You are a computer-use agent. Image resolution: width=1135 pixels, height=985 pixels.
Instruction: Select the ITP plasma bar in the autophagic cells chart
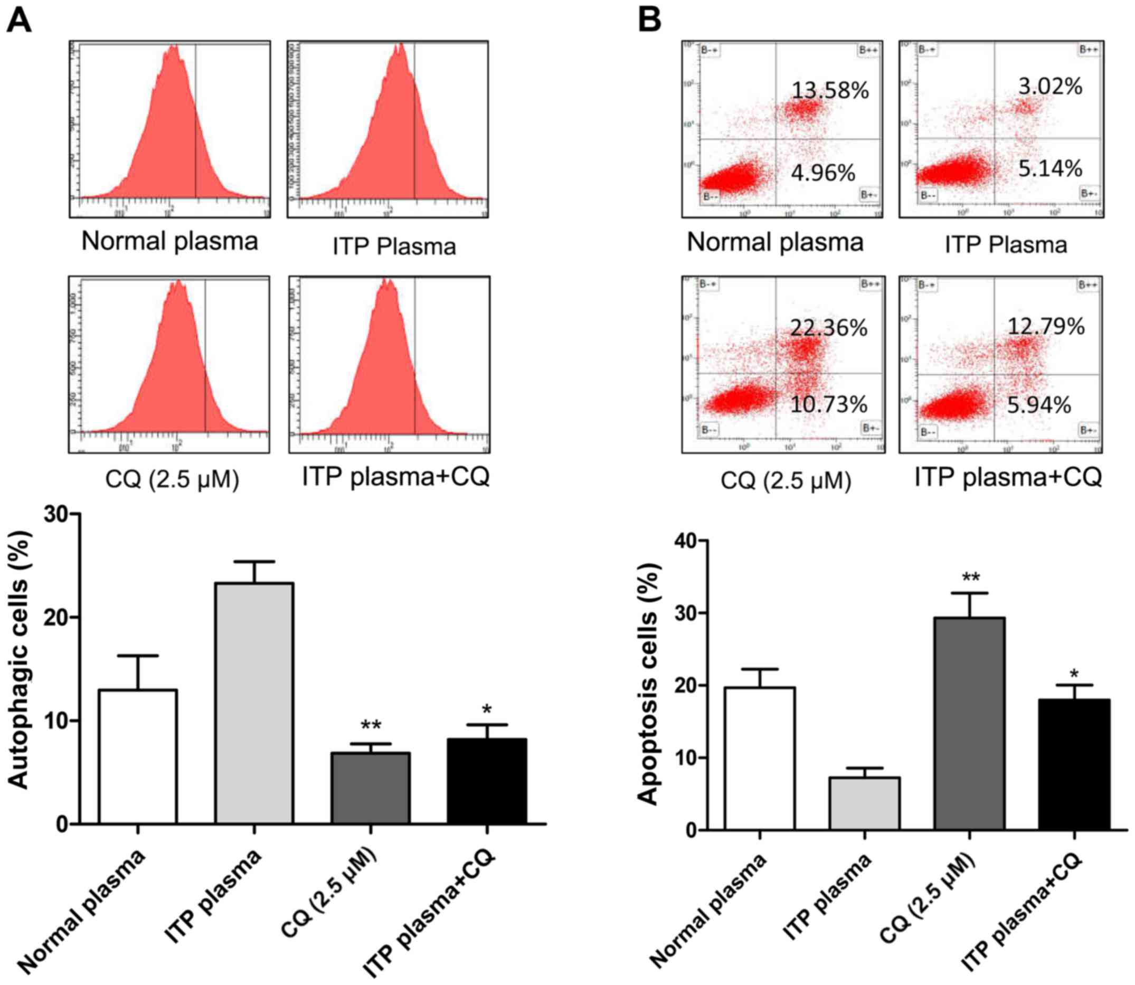[254, 704]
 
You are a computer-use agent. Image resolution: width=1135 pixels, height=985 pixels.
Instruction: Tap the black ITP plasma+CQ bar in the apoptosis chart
[1073, 764]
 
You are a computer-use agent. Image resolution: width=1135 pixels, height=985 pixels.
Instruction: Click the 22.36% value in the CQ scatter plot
[829, 328]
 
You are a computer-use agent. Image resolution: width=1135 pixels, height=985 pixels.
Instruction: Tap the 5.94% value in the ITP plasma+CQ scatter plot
[1039, 405]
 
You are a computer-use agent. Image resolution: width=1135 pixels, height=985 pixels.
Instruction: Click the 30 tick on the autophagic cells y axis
[59, 515]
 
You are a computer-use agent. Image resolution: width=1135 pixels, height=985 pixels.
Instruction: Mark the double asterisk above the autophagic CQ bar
[370, 726]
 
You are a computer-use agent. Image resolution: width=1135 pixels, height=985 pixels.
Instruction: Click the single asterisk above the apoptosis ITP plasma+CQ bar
[1073, 674]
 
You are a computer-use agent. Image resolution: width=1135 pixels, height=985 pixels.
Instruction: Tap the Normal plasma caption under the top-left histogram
[170, 242]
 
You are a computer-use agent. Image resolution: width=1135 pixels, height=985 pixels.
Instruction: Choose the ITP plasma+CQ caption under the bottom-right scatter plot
[1008, 477]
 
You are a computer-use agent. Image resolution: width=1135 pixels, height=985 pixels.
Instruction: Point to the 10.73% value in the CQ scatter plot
[829, 404]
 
